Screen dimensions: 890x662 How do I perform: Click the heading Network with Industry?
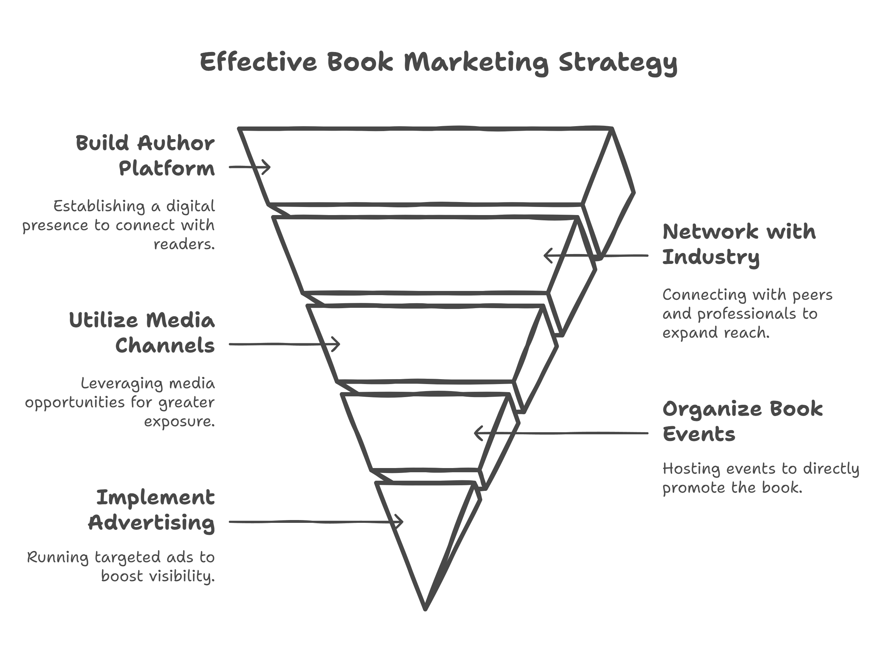tap(739, 244)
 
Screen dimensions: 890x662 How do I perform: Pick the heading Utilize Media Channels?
tap(142, 333)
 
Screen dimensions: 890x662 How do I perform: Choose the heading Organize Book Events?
tap(742, 421)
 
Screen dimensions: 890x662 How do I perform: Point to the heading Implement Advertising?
tap(151, 510)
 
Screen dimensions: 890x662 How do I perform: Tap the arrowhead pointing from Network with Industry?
tap(547, 255)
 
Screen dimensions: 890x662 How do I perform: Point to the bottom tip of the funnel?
tap(425, 609)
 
